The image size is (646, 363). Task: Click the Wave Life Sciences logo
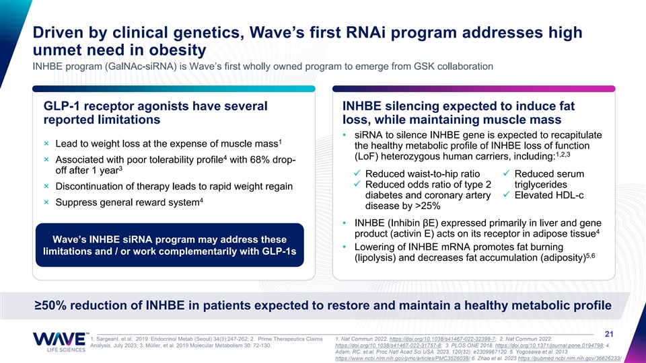[x=60, y=342]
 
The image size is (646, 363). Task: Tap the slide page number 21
[x=609, y=334]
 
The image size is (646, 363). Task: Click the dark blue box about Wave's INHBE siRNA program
[x=170, y=245]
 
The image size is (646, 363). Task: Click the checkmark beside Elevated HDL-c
[x=507, y=195]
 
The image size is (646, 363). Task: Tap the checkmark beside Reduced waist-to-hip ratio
[x=357, y=173]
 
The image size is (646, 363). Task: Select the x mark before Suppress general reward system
[x=46, y=202]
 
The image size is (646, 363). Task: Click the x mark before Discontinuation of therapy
[x=46, y=186]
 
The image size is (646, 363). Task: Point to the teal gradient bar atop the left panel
[x=174, y=89]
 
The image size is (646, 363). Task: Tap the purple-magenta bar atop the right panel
[x=474, y=89]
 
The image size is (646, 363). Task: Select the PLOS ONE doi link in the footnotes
[x=549, y=346]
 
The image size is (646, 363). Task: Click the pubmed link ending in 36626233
[x=569, y=359]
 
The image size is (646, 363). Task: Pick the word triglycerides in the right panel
[x=540, y=184]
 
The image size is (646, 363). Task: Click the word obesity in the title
[x=178, y=50]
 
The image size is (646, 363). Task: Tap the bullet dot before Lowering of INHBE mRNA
[x=345, y=247]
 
